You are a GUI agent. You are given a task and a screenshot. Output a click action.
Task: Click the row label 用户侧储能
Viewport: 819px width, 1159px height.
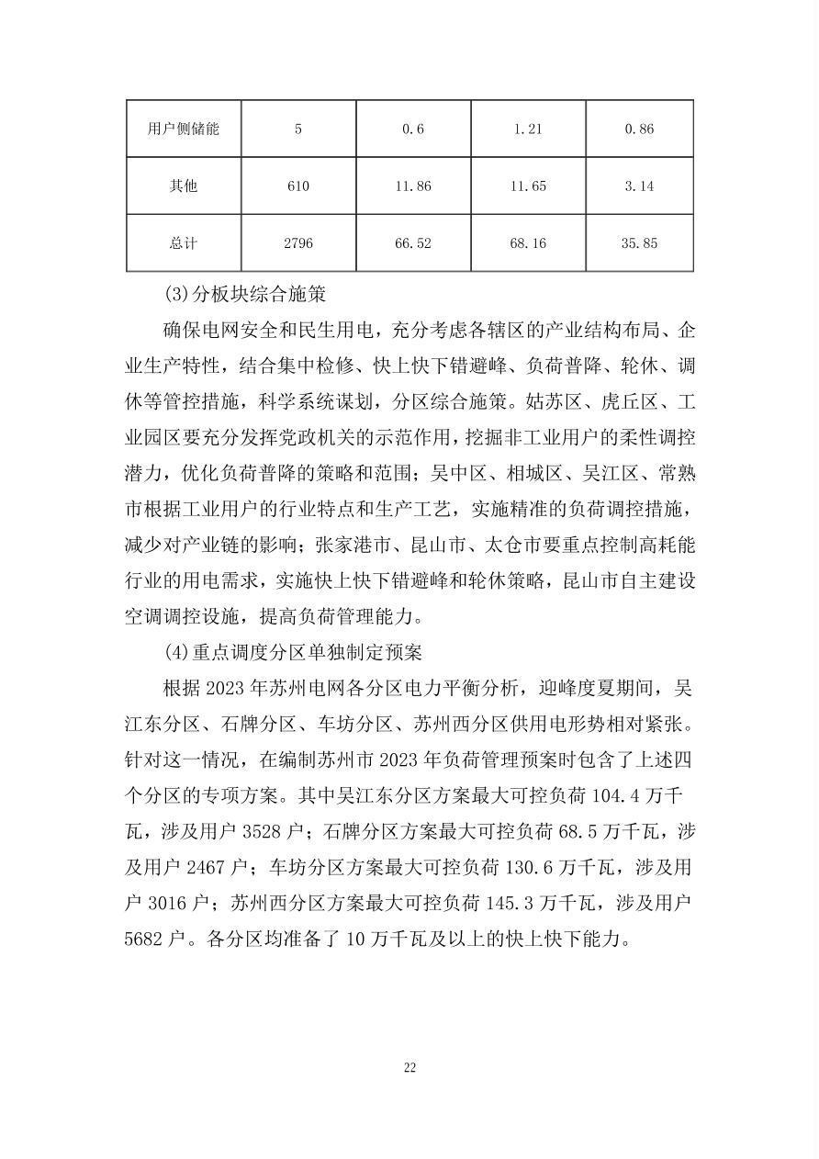[x=184, y=129]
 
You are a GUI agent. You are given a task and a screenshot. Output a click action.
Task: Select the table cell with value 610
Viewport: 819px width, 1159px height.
[x=297, y=186]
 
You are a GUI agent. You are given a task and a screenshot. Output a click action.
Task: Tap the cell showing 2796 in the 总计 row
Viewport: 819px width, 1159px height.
[x=297, y=243]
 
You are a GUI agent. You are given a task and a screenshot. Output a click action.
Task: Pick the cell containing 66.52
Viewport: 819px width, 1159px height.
[x=413, y=243]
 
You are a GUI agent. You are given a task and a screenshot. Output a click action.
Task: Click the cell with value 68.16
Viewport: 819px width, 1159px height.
[x=528, y=243]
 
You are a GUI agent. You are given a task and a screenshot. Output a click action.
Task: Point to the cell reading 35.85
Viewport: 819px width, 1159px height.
[x=639, y=243]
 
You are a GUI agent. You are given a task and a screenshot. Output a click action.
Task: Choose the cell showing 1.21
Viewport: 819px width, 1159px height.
[x=528, y=129]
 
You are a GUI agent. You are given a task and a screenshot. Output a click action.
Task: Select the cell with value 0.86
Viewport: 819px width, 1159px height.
[x=639, y=129]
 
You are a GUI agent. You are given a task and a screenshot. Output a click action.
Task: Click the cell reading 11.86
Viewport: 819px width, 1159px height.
[x=413, y=186]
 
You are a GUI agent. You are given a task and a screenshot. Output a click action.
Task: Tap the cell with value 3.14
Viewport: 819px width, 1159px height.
[x=639, y=186]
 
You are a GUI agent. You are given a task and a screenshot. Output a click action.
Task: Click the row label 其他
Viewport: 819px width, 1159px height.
[x=184, y=186]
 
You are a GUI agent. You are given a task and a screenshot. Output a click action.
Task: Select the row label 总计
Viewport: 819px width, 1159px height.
[x=184, y=243]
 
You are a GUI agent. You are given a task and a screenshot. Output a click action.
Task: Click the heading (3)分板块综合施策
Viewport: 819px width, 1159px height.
[x=245, y=296]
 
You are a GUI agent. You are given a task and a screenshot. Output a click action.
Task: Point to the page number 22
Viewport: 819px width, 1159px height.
[x=409, y=1067]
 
